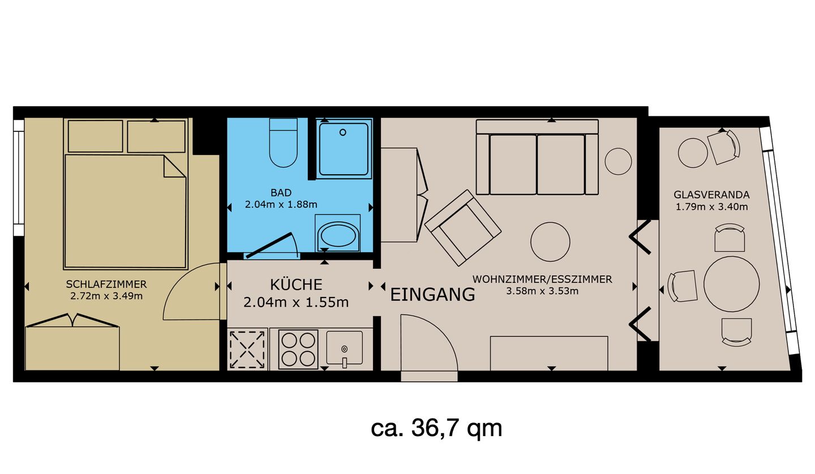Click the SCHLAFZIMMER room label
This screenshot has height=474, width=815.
[106, 284]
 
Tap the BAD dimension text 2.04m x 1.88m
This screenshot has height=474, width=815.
[281, 204]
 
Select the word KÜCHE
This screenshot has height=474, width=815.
[296, 285]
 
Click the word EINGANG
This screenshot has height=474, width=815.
[432, 295]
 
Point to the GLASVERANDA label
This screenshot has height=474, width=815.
[711, 195]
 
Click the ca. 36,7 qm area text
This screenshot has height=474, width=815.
[436, 428]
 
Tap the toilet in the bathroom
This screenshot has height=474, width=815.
[284, 143]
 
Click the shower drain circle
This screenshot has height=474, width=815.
[343, 132]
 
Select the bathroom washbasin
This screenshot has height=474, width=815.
[338, 235]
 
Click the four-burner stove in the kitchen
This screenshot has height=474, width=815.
[298, 350]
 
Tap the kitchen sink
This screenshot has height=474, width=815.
[344, 348]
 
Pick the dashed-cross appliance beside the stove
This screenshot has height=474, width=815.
[247, 350]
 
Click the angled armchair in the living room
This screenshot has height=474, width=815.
[463, 228]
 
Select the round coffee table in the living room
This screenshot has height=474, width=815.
[550, 242]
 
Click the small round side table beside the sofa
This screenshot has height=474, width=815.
[618, 161]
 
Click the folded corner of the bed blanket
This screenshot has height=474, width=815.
[174, 167]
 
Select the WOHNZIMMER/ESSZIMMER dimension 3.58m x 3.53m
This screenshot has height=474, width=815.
[542, 291]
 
